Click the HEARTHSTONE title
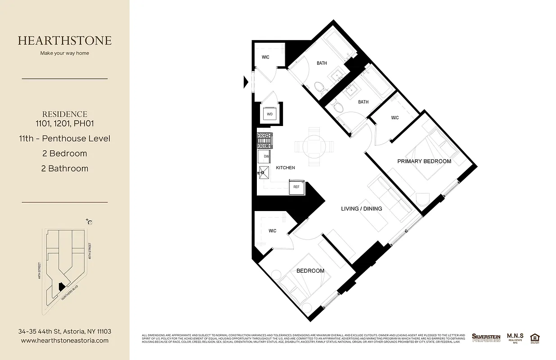[x=65, y=40]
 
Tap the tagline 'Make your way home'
[x=65, y=53]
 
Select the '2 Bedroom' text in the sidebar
[x=65, y=153]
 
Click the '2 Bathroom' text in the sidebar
[x=65, y=169]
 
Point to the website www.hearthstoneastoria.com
[x=65, y=341]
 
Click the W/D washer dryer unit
[x=270, y=114]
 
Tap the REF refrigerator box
[x=296, y=187]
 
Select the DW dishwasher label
[x=266, y=156]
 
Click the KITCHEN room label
[x=285, y=168]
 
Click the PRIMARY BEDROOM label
[x=424, y=161]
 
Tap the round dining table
[x=314, y=146]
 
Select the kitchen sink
[x=263, y=172]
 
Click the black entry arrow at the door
[x=246, y=82]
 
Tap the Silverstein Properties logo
[x=486, y=337]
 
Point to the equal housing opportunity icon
[x=535, y=337]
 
